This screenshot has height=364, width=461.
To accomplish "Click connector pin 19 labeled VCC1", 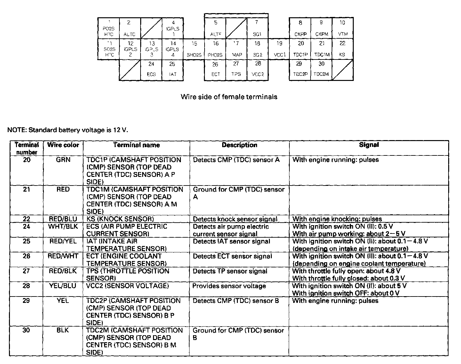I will point(279,49).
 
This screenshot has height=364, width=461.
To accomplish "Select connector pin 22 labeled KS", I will point(342,49).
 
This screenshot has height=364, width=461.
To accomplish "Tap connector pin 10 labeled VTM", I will point(342,28).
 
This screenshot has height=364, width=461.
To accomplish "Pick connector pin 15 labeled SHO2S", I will point(194,49).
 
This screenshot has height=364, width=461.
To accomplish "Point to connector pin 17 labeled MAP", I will point(236,49).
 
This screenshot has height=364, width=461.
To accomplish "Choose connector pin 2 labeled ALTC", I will point(130,28).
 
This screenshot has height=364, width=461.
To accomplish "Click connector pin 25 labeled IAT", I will point(172,69).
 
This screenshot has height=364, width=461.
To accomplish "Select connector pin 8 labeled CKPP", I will point(300,28).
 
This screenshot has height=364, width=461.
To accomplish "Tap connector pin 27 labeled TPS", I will point(236,69).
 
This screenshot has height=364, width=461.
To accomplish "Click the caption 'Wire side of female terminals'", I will point(229,97).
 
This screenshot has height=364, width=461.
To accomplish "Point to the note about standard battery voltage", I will point(68,130).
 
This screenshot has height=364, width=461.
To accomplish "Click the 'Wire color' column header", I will point(63,145).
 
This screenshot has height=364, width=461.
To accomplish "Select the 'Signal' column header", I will point(369,145).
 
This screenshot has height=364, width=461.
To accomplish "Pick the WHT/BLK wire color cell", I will point(63,226).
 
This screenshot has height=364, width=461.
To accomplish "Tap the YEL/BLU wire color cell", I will point(63,286).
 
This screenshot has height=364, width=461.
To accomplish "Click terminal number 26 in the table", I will point(27,256).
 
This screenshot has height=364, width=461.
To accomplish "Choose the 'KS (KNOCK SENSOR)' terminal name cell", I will point(120,219).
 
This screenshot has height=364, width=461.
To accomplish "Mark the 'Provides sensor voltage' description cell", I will point(229,286).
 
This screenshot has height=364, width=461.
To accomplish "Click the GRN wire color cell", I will point(63,160).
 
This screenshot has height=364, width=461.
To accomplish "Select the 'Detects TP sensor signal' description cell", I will point(230,271).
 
